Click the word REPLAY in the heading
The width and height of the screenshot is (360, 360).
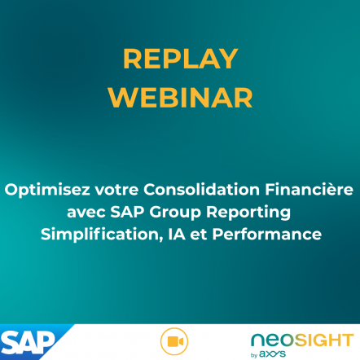(181, 59)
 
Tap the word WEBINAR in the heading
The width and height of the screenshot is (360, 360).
(181, 98)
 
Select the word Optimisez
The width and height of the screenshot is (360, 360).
(47, 190)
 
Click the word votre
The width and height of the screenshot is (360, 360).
(116, 190)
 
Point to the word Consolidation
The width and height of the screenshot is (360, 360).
(201, 190)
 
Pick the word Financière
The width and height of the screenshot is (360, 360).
(309, 190)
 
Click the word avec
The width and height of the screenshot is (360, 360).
(86, 213)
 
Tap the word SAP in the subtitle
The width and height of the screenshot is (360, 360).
(127, 212)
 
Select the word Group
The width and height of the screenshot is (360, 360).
(175, 213)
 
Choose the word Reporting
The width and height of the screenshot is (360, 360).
(248, 213)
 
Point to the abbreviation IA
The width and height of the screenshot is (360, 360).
(177, 235)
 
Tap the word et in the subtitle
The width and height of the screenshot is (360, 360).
(199, 235)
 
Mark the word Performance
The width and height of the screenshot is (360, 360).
(267, 235)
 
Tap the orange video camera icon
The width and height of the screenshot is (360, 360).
(174, 341)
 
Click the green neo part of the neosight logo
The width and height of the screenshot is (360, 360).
(273, 340)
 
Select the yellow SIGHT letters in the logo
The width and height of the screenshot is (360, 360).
(324, 340)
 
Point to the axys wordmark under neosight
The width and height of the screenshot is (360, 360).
(272, 354)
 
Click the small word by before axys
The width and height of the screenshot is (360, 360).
(254, 355)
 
